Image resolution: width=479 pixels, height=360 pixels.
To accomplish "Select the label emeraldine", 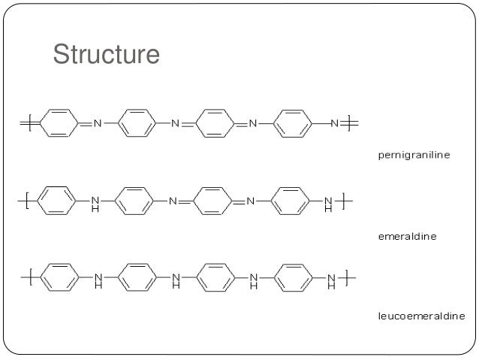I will click(x=406, y=236).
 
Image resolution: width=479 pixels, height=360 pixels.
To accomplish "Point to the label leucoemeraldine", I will click(x=420, y=316).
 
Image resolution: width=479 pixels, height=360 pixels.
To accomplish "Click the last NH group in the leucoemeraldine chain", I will click(x=331, y=282).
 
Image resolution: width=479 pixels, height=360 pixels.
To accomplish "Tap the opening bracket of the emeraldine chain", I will click(x=26, y=201).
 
